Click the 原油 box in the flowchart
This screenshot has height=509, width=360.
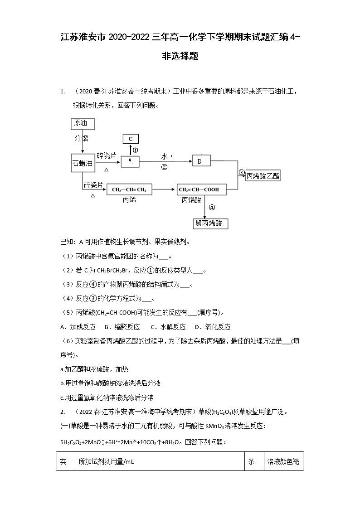click(83, 123)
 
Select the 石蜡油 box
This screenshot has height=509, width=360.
click(83, 164)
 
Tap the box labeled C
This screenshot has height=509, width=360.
click(131, 139)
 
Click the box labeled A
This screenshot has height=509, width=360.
click(130, 160)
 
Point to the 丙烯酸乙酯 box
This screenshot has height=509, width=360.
click(263, 176)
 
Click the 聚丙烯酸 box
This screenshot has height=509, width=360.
click(210, 223)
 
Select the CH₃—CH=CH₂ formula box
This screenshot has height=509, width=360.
click(129, 189)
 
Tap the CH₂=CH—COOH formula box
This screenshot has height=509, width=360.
click(202, 189)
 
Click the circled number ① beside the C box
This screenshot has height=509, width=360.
click(136, 150)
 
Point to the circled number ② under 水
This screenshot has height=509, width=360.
click(164, 167)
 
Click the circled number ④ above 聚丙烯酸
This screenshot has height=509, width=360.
click(211, 208)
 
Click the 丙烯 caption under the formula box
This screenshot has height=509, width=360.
click(129, 199)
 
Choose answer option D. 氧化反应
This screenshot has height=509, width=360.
click(213, 327)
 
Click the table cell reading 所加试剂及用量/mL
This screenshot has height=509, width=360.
click(107, 462)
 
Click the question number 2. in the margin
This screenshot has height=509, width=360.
click(63, 412)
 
